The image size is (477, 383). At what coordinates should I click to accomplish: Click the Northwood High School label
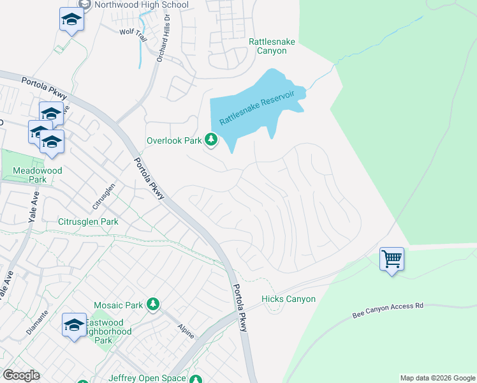point(142,5)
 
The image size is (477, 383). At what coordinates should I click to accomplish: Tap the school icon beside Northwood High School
point(71,20)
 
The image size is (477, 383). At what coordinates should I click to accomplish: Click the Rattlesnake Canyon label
point(272,46)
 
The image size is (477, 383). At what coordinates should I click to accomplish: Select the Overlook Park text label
point(173,140)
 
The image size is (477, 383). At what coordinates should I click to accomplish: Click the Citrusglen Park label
point(89,222)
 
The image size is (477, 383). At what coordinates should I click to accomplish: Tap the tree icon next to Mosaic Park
point(152,304)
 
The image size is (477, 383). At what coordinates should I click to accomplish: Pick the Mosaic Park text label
point(118,305)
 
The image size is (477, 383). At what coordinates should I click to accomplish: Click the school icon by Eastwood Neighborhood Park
point(74,325)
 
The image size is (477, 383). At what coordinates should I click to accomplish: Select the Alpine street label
point(186,331)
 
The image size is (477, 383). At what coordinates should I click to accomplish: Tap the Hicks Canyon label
point(288,299)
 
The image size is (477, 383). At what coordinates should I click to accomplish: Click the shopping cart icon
point(392,259)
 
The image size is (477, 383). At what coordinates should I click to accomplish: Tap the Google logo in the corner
point(21,375)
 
